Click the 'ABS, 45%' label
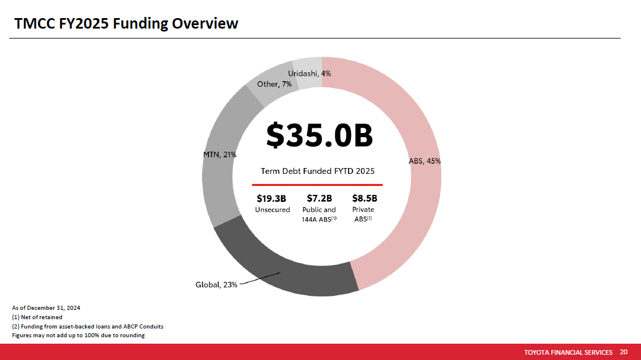[425, 162]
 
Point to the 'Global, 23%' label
[216, 285]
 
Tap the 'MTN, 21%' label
[220, 155]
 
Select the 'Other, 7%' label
[274, 84]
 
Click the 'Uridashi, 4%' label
[309, 74]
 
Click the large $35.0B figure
[319, 135]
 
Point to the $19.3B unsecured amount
[271, 198]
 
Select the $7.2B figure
[319, 198]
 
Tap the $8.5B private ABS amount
[365, 198]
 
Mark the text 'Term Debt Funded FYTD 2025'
[317, 171]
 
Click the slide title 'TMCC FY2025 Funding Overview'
[126, 23]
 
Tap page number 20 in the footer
[623, 352]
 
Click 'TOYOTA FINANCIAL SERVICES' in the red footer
[568, 352]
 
